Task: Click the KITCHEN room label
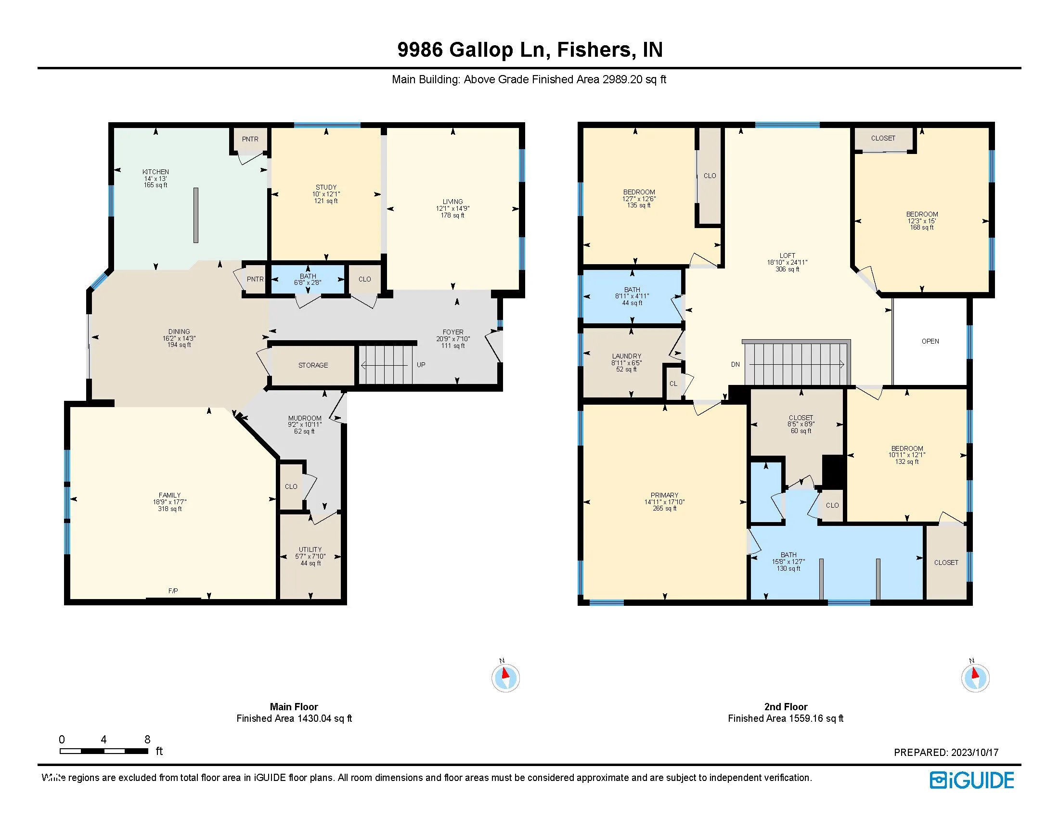tap(155, 172)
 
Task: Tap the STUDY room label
tap(326, 187)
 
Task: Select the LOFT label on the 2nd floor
tap(788, 256)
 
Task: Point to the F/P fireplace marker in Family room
tap(173, 591)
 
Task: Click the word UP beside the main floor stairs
tap(421, 365)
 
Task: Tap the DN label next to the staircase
tap(736, 364)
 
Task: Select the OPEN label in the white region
tap(930, 341)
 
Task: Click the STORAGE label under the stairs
tap(313, 365)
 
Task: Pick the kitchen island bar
tap(196, 215)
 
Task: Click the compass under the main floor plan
tap(506, 677)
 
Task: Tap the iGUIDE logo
tap(972, 780)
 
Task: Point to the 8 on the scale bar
tap(147, 740)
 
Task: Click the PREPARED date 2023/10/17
tap(975, 753)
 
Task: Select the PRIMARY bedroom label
tap(664, 495)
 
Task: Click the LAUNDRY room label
tap(626, 356)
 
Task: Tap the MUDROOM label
tap(305, 418)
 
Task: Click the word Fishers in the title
tap(595, 50)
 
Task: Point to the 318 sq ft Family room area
tap(170, 509)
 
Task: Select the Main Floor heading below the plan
tap(294, 706)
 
